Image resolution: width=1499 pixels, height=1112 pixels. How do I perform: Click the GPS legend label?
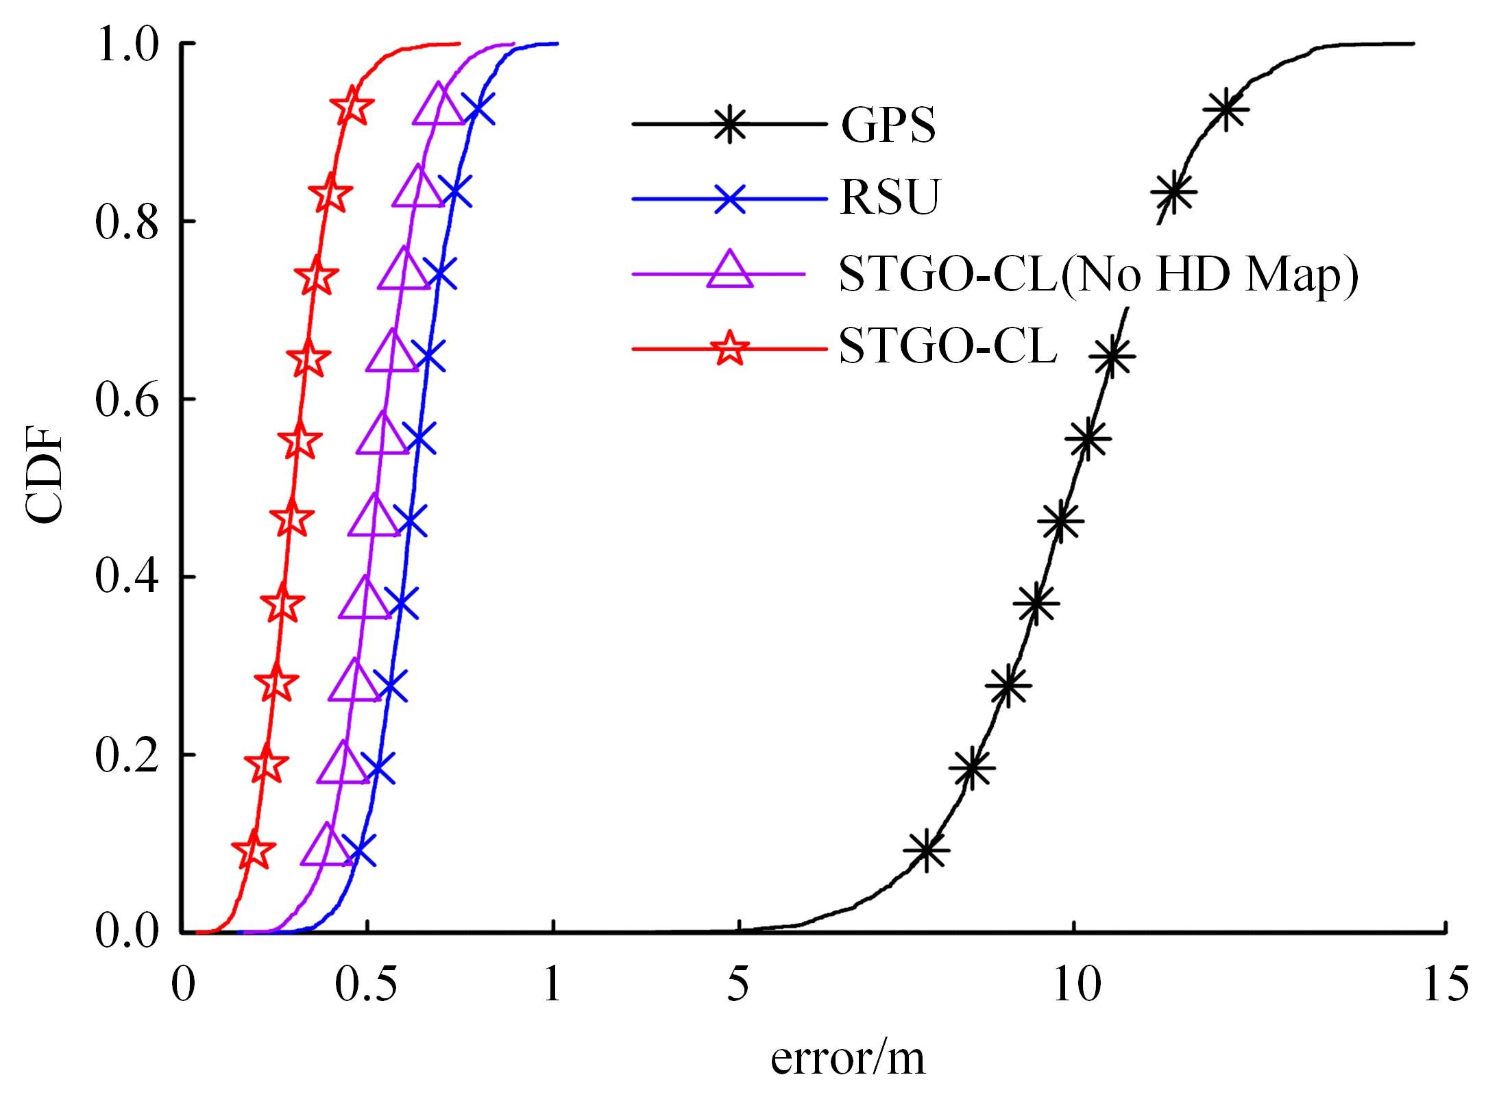(888, 125)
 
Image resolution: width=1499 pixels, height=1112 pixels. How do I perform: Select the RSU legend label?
(890, 198)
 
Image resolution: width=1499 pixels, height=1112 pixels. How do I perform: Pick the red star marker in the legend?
(729, 348)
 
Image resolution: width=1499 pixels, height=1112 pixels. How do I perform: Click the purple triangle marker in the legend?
(729, 272)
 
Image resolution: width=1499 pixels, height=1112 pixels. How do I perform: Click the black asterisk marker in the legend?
(729, 124)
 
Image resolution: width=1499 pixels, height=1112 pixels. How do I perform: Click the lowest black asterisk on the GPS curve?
(927, 850)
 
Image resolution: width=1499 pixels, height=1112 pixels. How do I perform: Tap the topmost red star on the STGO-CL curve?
(352, 107)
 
